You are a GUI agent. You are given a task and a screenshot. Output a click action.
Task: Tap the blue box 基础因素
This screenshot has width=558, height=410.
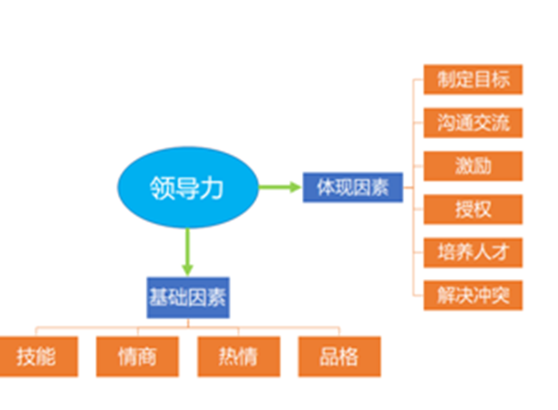[x=187, y=298]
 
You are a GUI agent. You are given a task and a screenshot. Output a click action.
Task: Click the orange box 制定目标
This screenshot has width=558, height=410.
[x=473, y=80]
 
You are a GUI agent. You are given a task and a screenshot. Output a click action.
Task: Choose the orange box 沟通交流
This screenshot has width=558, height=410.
[x=473, y=123]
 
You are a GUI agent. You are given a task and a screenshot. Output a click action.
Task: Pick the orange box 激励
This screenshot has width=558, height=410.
[x=473, y=166]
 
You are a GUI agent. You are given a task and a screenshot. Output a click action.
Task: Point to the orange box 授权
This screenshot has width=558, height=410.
[x=473, y=209]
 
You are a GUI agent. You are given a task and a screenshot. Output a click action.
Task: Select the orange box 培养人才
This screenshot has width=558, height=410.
[x=473, y=253]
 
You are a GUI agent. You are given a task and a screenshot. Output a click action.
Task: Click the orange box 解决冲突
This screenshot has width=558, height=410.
[x=473, y=296]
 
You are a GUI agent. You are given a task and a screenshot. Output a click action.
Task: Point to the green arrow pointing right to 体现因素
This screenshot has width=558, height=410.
[x=280, y=188]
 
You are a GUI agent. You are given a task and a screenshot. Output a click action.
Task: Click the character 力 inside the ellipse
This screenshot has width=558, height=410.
[x=213, y=187]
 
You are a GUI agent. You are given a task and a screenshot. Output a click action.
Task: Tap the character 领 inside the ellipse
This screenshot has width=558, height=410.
[x=162, y=187]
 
